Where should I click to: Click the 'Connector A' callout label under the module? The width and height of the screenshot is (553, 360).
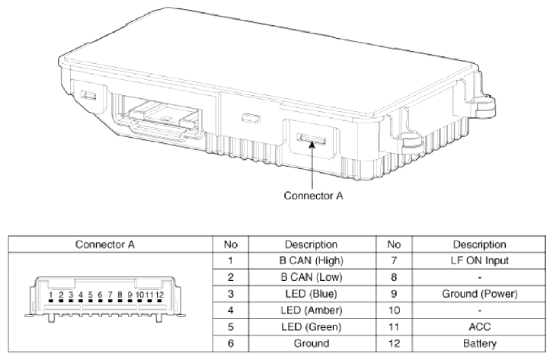tap(313, 196)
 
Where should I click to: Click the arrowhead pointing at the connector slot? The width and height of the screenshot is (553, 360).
tap(312, 145)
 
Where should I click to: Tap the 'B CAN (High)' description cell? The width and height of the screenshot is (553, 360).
tap(312, 260)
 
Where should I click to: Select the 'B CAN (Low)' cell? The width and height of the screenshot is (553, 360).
tap(312, 277)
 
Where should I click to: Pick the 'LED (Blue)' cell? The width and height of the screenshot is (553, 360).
tap(312, 294)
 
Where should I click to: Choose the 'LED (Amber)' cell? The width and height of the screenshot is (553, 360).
tap(312, 311)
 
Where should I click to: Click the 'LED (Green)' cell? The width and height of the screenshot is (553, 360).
tap(312, 327)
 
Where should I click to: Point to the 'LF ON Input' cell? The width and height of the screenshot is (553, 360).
tap(480, 260)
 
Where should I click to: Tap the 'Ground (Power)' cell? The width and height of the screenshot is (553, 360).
tap(480, 294)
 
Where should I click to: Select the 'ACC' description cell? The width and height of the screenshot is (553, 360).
tap(480, 327)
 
